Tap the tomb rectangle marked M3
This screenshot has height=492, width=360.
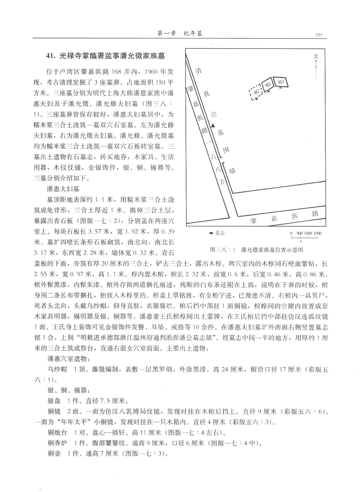[x=280, y=82]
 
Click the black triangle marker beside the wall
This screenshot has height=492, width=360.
[x=213, y=125]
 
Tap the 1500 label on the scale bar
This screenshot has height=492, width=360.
[x=318, y=233]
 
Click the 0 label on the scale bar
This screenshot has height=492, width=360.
[x=291, y=233]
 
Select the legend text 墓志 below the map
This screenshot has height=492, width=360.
[x=220, y=233]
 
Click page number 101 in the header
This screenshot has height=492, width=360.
[x=318, y=35]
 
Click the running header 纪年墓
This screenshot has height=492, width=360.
[x=193, y=34]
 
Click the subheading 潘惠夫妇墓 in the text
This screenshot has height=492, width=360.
[x=63, y=189]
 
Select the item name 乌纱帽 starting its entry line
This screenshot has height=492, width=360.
[x=57, y=369]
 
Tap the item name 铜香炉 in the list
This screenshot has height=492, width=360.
[x=57, y=443]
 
